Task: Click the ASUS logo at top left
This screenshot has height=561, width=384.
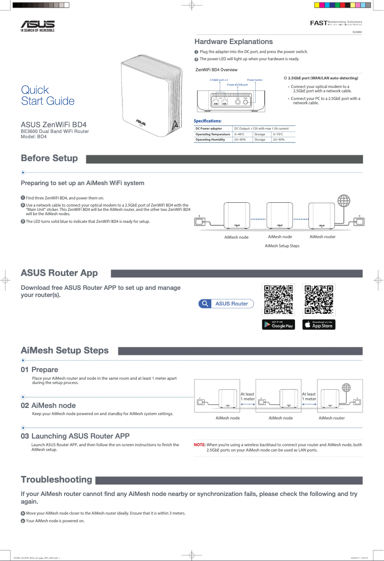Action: click(x=37, y=25)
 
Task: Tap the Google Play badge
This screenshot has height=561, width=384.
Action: click(x=278, y=324)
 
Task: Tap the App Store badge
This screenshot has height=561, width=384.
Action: click(x=319, y=324)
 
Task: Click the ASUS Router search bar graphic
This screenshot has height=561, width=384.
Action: click(x=226, y=304)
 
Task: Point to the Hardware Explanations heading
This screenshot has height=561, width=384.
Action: click(x=233, y=42)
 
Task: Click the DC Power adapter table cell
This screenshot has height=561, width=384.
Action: click(x=209, y=129)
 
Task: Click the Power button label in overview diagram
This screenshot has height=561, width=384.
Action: click(x=255, y=80)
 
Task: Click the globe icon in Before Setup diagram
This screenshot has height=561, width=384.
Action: click(x=343, y=200)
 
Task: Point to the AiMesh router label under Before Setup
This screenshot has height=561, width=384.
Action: click(x=322, y=237)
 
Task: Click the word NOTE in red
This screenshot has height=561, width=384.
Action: click(x=199, y=445)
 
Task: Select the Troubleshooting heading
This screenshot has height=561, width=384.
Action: click(x=56, y=479)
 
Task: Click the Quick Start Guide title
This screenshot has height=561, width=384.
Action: click(x=47, y=95)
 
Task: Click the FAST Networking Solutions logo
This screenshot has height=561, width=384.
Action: click(x=336, y=22)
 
